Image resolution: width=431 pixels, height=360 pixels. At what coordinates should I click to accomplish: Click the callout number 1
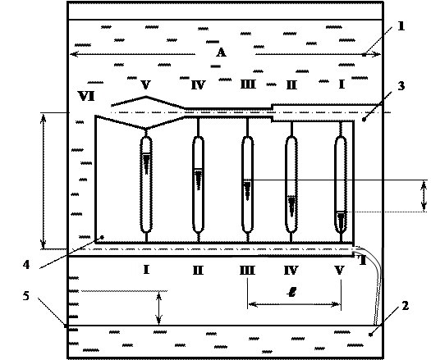point(401,26)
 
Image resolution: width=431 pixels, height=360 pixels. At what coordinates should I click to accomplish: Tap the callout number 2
point(406,305)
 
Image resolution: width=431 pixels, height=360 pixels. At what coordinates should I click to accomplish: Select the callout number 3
point(401,86)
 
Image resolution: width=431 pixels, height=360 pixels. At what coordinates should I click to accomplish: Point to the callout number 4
point(26,265)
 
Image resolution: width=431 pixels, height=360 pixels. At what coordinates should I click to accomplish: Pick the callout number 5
point(25,296)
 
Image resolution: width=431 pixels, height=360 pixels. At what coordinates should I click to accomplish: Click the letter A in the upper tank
point(221,52)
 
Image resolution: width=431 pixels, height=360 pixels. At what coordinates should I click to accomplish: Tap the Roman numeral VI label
point(86,96)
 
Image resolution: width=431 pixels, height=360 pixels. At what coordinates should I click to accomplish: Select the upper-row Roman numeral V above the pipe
point(145,84)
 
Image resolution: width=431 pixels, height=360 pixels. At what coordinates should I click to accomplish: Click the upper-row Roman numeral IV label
point(199,85)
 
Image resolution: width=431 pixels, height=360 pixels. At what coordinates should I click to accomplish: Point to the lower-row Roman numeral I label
point(146,270)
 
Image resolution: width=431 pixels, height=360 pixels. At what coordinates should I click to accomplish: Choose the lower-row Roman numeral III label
point(247,271)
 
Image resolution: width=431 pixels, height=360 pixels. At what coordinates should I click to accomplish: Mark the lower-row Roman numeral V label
point(340,271)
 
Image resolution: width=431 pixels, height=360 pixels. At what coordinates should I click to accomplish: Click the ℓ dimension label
point(291,292)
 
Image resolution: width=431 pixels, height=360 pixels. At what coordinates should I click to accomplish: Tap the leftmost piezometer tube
point(146,185)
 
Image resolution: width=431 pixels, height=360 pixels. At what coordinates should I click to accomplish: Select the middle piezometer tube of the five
point(247,185)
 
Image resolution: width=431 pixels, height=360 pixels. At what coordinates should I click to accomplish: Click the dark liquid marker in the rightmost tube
point(341,219)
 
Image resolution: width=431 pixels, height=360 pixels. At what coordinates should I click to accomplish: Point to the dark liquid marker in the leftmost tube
point(146,163)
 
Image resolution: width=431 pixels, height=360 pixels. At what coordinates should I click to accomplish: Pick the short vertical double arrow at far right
point(424,196)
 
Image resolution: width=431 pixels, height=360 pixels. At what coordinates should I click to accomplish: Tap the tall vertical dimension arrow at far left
point(43,180)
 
